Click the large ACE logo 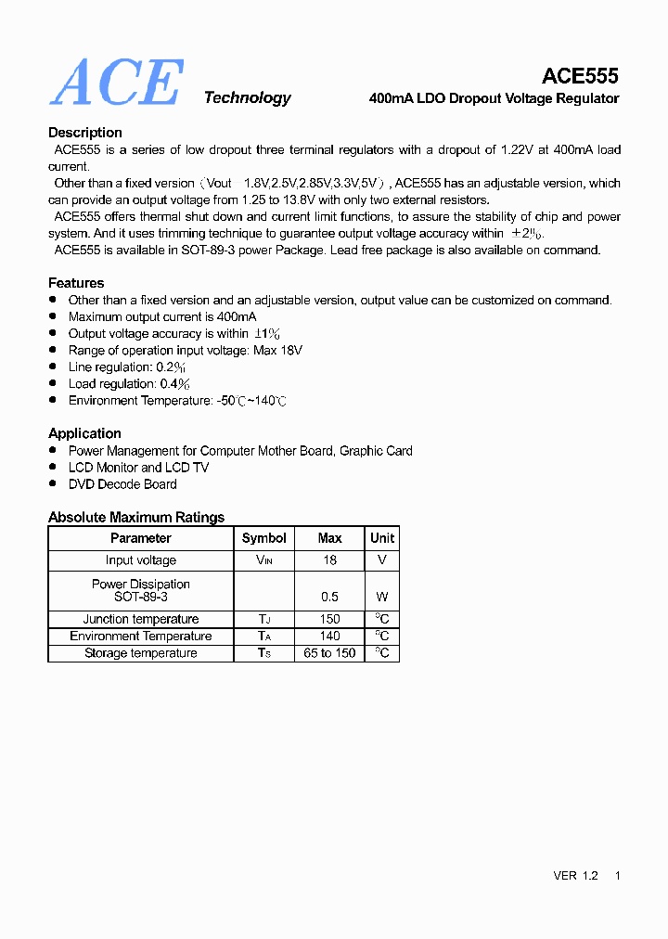pyautogui.click(x=117, y=83)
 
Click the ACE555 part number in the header pyautogui.click(x=580, y=76)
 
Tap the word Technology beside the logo pyautogui.click(x=247, y=98)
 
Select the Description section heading pyautogui.click(x=85, y=133)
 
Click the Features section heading pyautogui.click(x=76, y=283)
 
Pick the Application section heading pyautogui.click(x=84, y=433)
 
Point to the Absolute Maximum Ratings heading pyautogui.click(x=136, y=518)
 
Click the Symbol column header pyautogui.click(x=264, y=538)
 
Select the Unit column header pyautogui.click(x=382, y=538)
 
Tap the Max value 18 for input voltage pyautogui.click(x=329, y=560)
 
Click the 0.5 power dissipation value pyautogui.click(x=329, y=597)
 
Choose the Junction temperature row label pyautogui.click(x=141, y=619)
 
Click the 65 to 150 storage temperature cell pyautogui.click(x=329, y=653)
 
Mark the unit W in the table pyautogui.click(x=382, y=597)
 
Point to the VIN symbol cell pyautogui.click(x=264, y=560)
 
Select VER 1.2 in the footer pyautogui.click(x=575, y=876)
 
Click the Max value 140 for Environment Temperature pyautogui.click(x=329, y=637)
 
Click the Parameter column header pyautogui.click(x=141, y=538)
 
